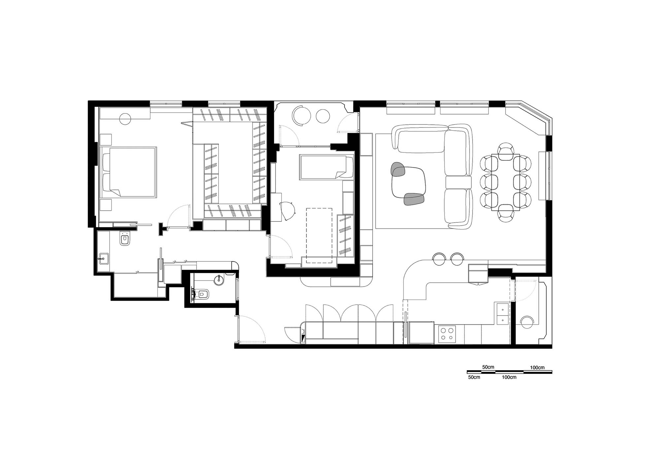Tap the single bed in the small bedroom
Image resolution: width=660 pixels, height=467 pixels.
point(326,167)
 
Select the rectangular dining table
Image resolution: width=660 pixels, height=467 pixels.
point(506,182)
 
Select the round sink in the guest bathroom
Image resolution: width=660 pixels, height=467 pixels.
point(219,280)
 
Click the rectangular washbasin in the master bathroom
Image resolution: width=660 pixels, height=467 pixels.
point(104,258)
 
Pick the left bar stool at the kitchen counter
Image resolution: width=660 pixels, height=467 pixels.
point(439,259)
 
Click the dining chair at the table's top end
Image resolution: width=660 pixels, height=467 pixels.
point(506,149)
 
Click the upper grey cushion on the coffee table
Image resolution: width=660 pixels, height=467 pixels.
point(398,169)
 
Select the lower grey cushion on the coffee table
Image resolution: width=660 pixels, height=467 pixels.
point(414,199)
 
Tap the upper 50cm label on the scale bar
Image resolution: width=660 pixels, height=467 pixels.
point(488,367)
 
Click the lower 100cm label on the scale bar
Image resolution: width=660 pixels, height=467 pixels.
point(509,377)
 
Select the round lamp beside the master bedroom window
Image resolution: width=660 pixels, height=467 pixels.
point(125,119)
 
